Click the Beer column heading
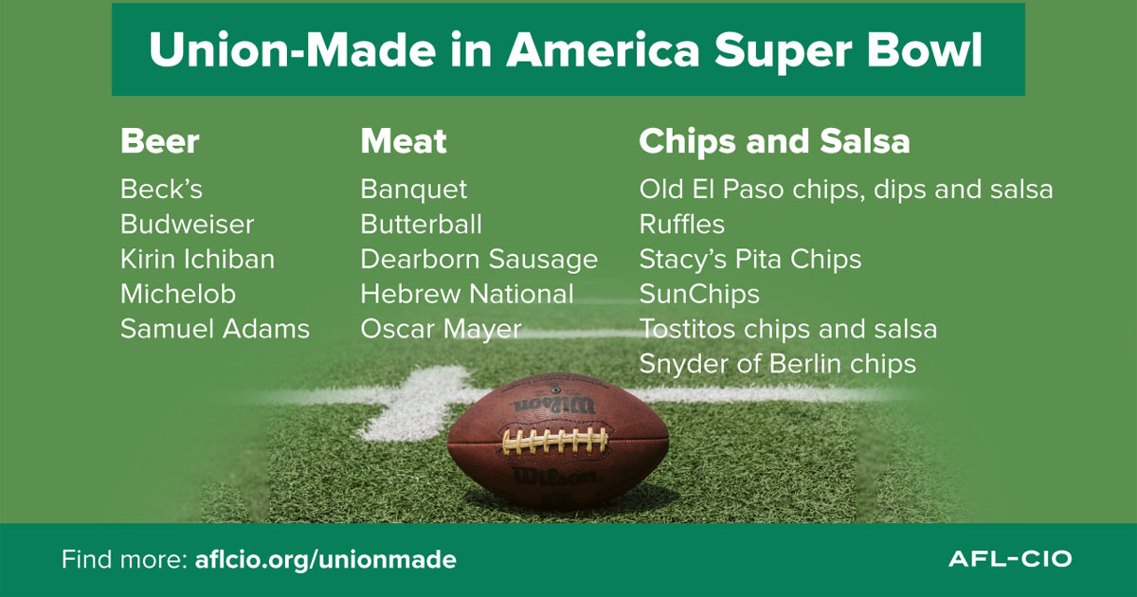click(x=159, y=141)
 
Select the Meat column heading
click(x=404, y=141)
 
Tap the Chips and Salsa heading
click(x=775, y=141)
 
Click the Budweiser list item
click(x=187, y=225)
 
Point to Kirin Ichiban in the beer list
click(x=197, y=259)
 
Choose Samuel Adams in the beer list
click(x=215, y=329)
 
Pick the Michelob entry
click(x=178, y=294)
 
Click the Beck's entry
click(x=161, y=190)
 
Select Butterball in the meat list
click(x=421, y=225)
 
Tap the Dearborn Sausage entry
click(x=479, y=260)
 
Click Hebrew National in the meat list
click(x=467, y=294)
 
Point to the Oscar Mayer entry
click(x=441, y=330)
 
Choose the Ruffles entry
click(x=681, y=225)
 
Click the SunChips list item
click(x=699, y=295)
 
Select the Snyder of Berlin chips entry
click(x=778, y=365)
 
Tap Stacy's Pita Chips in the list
click(x=750, y=260)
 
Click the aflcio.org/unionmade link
click(x=325, y=559)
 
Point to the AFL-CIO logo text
click(x=1010, y=559)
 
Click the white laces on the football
click(x=555, y=440)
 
